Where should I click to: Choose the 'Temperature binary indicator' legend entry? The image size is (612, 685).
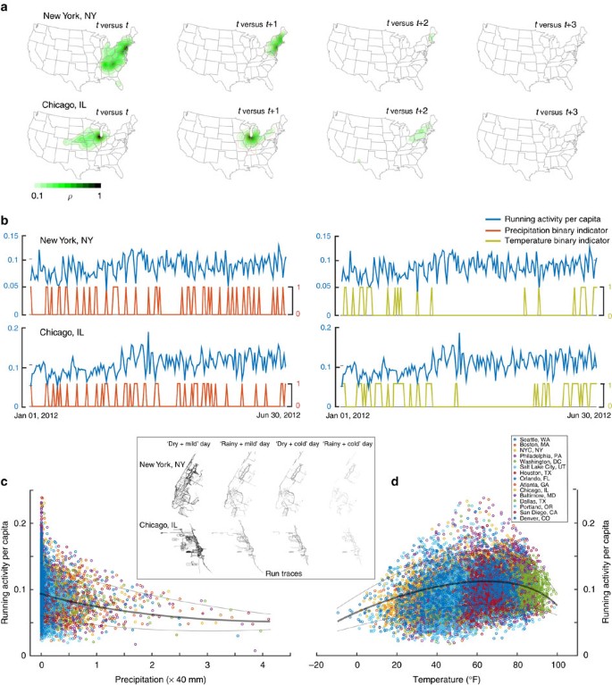pos(545,240)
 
